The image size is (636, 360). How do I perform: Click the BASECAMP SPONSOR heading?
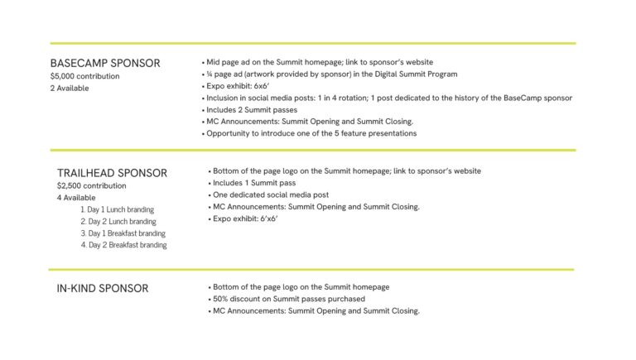pyautogui.click(x=105, y=63)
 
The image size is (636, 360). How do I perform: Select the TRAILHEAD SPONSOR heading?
pyautogui.click(x=112, y=173)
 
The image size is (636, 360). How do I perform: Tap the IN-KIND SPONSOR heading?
pyautogui.click(x=102, y=288)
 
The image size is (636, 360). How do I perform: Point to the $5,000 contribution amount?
pyautogui.click(x=84, y=76)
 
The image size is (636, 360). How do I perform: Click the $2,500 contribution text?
pyautogui.click(x=91, y=186)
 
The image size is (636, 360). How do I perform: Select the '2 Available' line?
pyautogui.click(x=69, y=89)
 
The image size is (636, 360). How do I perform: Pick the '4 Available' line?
pyautogui.click(x=76, y=199)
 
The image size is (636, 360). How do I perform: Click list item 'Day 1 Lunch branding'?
pyautogui.click(x=118, y=210)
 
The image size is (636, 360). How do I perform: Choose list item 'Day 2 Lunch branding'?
pyautogui.click(x=118, y=222)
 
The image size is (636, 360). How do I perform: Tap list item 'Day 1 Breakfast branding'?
pyautogui.click(x=123, y=233)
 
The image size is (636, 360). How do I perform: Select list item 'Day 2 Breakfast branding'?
pyautogui.click(x=123, y=245)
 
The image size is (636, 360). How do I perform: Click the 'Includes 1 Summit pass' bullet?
pyautogui.click(x=254, y=183)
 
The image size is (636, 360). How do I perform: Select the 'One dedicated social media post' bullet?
pyautogui.click(x=270, y=195)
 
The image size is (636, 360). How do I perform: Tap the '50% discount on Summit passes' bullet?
pyautogui.click(x=288, y=299)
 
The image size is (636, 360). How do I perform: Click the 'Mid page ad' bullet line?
pyautogui.click(x=319, y=62)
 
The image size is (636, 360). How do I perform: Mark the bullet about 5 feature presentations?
pyautogui.click(x=311, y=133)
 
